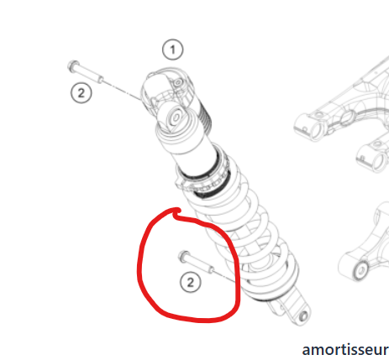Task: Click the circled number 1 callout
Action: point(172,50)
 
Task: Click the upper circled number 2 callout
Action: point(80,92)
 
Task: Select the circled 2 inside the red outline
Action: point(191,283)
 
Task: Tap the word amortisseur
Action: point(345,347)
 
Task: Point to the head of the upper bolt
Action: point(71,66)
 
